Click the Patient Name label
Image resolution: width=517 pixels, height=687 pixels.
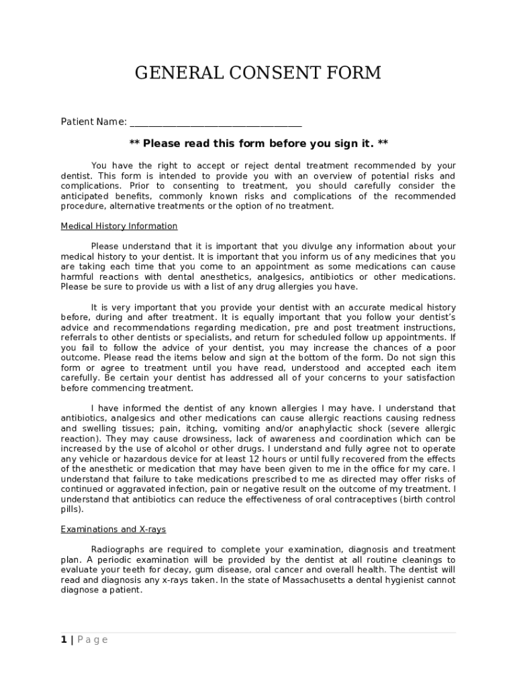click(93, 121)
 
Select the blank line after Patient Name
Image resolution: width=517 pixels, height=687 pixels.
click(216, 123)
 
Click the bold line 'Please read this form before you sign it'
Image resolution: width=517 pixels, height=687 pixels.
click(258, 144)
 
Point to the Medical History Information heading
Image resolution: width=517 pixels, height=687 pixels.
click(119, 226)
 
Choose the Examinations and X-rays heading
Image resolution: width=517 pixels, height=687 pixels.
click(113, 529)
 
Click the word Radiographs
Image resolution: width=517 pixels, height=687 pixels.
click(119, 549)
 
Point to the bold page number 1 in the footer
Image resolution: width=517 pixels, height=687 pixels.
click(64, 639)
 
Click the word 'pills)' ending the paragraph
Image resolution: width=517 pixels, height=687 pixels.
click(72, 509)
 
